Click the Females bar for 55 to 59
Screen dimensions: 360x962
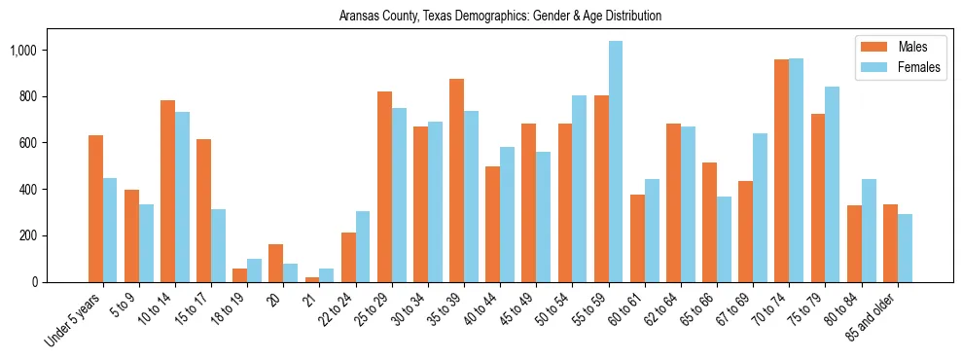coord(616,162)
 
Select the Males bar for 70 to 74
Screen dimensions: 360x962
coord(781,171)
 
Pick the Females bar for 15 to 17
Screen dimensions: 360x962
coord(219,245)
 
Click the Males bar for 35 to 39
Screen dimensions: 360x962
coord(457,180)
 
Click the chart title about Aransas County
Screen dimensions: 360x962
coord(500,16)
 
